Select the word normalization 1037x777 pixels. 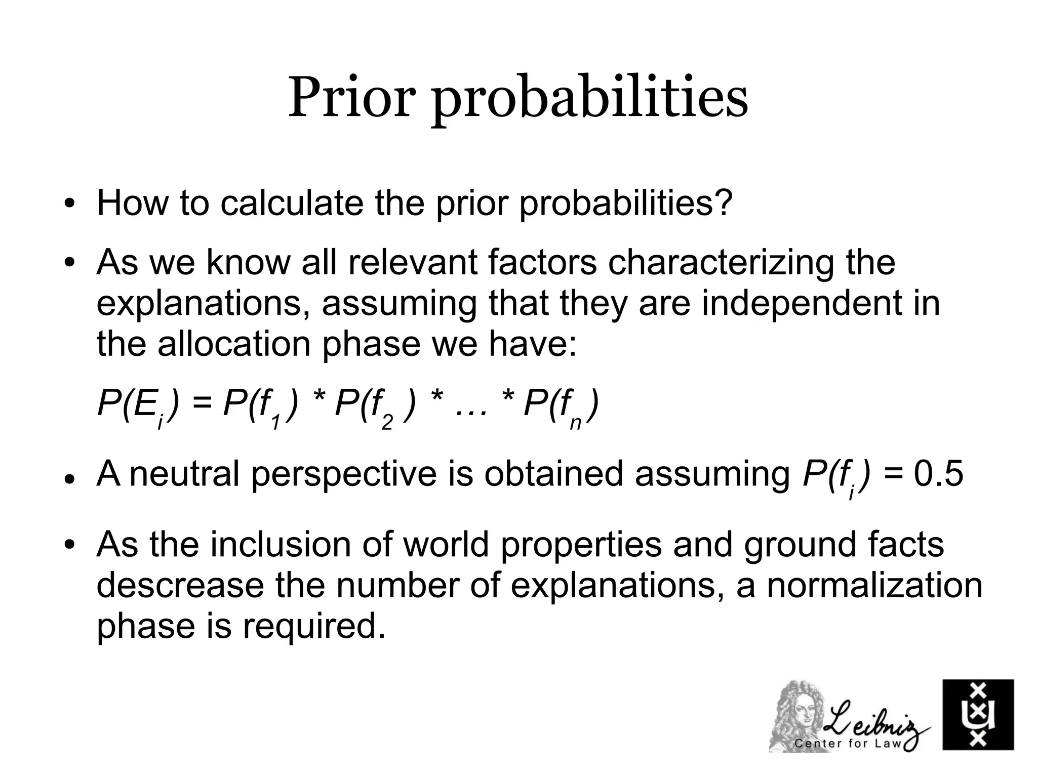pos(874,586)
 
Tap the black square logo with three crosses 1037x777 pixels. pos(978,714)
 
